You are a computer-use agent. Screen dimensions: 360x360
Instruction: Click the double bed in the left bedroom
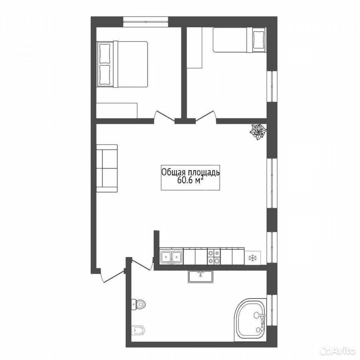122,64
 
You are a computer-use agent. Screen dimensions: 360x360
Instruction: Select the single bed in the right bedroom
240,40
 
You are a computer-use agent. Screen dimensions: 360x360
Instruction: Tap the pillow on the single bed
259,40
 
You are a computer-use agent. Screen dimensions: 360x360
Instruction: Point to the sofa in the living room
107,168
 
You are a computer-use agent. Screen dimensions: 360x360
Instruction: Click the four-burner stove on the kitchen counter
214,256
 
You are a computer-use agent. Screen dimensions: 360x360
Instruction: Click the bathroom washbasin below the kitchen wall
201,276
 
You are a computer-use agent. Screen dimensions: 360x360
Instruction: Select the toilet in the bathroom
138,304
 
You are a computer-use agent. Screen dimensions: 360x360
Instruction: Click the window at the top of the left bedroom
145,22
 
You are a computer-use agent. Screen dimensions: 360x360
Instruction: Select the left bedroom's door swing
164,116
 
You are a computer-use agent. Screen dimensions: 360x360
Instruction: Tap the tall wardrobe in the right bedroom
194,48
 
